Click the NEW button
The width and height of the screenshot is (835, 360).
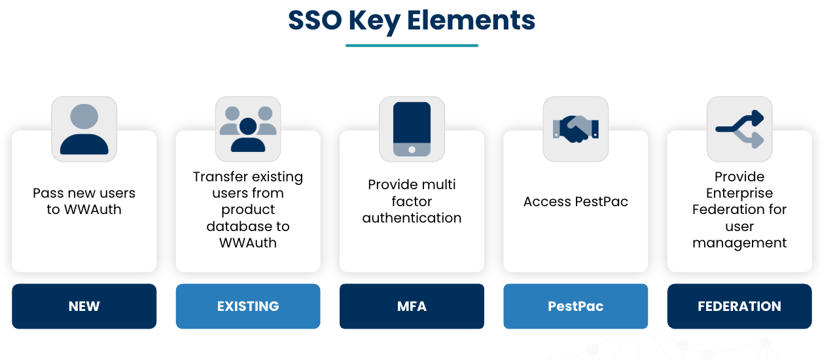(x=84, y=306)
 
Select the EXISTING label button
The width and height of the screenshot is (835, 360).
(x=248, y=306)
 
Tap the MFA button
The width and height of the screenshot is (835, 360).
(x=412, y=306)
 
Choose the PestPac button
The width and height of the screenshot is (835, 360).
(x=575, y=306)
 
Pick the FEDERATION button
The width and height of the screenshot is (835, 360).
(x=739, y=306)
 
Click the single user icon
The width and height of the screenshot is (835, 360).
(x=84, y=129)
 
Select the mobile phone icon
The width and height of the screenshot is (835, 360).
(x=412, y=129)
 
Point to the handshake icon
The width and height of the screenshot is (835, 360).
(x=575, y=128)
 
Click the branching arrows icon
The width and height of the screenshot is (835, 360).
(x=739, y=128)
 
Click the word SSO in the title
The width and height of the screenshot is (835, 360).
(x=314, y=20)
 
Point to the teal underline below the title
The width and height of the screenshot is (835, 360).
(x=412, y=46)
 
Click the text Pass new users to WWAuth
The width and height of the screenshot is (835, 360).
(x=84, y=202)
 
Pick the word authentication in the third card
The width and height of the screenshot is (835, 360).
(x=412, y=218)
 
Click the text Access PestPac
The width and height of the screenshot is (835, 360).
(x=575, y=202)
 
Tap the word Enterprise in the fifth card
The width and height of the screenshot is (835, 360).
(x=739, y=193)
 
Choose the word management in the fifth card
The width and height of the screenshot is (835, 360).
(x=739, y=243)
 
